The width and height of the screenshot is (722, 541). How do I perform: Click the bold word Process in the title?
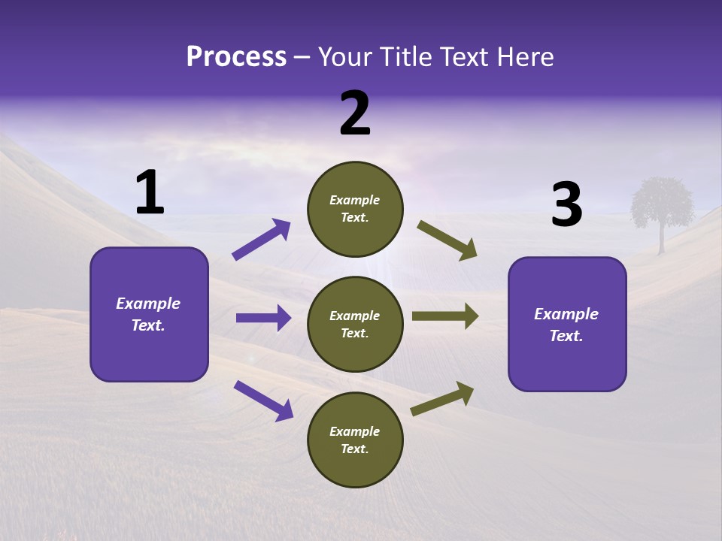coord(236,56)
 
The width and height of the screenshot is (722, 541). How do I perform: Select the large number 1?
coord(149,193)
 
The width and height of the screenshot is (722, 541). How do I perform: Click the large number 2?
coord(355,113)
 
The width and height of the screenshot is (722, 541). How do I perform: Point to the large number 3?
coord(566,205)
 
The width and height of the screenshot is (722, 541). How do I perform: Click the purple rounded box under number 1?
coord(149,314)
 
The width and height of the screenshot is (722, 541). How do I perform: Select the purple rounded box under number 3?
coord(567,325)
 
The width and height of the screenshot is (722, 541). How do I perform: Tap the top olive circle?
coord(355,209)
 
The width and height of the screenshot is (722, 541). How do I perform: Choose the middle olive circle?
coord(355,325)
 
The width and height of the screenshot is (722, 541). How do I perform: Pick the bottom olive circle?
coord(355,440)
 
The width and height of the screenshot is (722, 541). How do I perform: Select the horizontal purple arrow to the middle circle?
coord(263,318)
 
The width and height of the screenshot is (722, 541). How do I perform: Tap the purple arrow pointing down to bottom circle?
coord(263,400)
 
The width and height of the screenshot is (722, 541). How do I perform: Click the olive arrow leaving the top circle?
coord(447,241)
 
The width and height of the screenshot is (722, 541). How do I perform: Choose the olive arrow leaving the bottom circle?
coord(442,399)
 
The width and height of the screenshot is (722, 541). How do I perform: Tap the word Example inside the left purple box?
coord(148,304)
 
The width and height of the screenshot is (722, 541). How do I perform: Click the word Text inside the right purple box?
coord(566,336)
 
